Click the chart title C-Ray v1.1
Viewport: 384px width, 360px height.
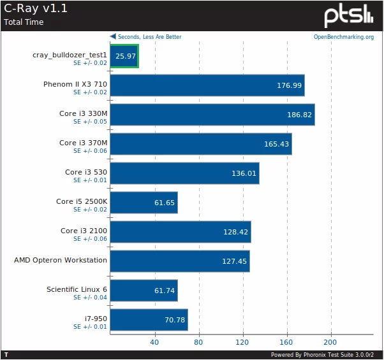pos(36,9)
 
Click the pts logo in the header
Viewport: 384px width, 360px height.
pos(348,16)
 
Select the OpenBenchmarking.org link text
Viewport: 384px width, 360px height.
pos(343,37)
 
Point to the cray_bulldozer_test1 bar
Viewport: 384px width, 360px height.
pos(124,56)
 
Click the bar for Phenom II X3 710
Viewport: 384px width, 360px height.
pos(207,85)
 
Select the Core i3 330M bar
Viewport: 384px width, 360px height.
pos(212,115)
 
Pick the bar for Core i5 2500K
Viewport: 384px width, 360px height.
pos(144,203)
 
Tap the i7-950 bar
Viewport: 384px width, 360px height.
pos(149,320)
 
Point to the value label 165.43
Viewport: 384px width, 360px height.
pos(277,144)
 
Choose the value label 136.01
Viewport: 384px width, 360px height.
pos(244,173)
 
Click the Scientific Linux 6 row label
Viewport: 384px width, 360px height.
pos(77,289)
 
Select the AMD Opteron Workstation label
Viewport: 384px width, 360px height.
pos(61,260)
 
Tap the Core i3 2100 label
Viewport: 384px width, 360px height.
pos(84,231)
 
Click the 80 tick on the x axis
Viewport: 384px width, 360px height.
pos(199,342)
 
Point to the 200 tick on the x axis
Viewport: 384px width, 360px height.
pos(331,342)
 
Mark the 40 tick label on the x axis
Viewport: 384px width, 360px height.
pos(154,342)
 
